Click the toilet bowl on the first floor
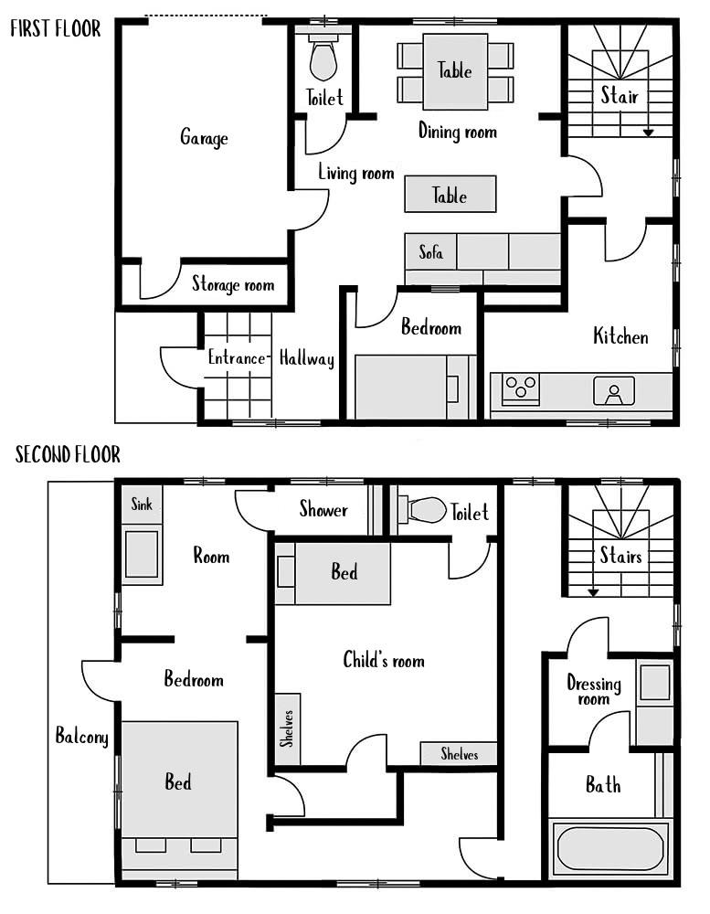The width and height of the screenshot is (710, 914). [323, 60]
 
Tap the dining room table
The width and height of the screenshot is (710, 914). [455, 71]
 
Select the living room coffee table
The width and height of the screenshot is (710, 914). [450, 194]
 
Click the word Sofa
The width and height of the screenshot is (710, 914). [430, 252]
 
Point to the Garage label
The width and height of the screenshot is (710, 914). [204, 138]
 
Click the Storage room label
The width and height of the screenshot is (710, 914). [233, 284]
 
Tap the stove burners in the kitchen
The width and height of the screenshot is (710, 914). [521, 388]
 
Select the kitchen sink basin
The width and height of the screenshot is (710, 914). [613, 390]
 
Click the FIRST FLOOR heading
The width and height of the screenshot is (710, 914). [56, 28]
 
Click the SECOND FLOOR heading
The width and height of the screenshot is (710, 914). [68, 454]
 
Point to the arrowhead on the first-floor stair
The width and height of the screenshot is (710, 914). [648, 133]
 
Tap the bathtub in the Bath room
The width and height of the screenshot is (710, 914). [609, 848]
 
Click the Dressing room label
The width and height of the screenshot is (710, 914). [594, 690]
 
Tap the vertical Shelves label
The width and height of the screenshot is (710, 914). [286, 728]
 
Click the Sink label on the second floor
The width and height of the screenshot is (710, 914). [142, 504]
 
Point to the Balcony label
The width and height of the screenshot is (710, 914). [81, 736]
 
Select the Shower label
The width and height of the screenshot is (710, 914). [323, 509]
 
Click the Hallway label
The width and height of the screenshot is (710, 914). [307, 358]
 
